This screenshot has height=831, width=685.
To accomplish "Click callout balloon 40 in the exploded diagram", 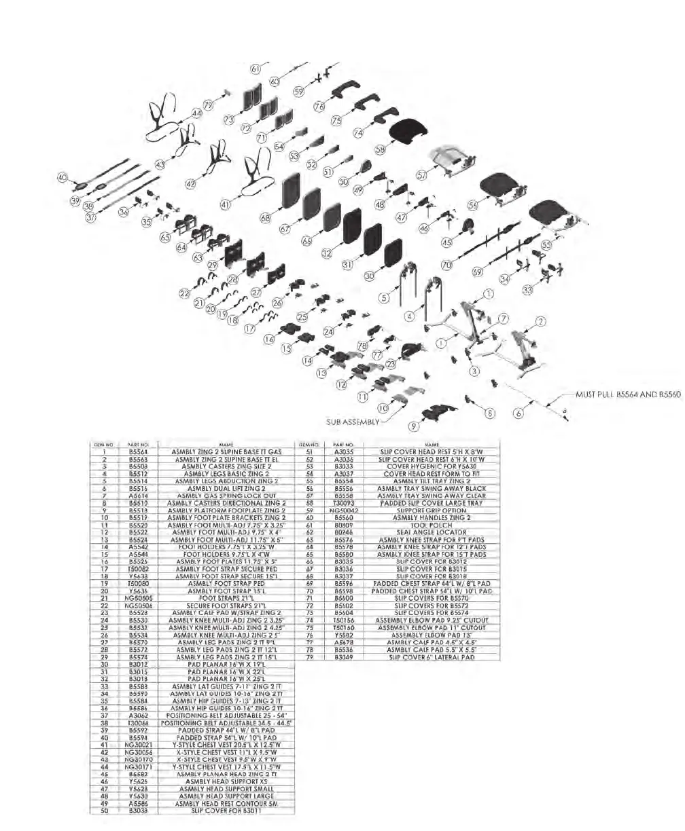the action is click(62, 178).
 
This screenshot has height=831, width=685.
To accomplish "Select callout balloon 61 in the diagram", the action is click(256, 69).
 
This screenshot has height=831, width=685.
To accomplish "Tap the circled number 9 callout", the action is click(414, 426).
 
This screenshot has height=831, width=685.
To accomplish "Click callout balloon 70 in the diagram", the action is click(446, 264).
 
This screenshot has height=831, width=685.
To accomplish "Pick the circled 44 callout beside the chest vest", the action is click(196, 114).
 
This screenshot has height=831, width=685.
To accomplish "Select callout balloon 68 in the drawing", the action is click(265, 218).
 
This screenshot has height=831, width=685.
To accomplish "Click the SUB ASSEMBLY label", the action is click(352, 421).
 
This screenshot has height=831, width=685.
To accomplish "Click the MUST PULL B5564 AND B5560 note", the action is click(627, 394).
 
